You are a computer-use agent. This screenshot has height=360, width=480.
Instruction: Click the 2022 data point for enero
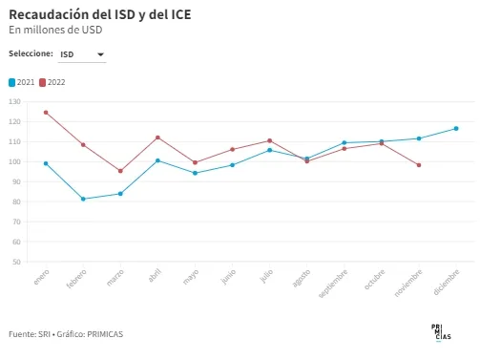46,113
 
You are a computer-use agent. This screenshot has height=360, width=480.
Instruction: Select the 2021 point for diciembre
456,129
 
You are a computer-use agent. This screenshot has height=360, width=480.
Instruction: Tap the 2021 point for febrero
83,199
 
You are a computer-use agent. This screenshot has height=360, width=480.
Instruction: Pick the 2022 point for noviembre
419,165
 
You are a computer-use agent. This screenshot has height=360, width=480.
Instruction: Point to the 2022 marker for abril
157,138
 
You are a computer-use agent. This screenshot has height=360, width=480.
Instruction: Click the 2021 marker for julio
270,150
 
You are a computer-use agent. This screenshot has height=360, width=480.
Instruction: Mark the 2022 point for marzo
120,171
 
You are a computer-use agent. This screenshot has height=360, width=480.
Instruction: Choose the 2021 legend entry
22,82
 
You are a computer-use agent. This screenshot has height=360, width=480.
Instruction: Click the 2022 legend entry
52,82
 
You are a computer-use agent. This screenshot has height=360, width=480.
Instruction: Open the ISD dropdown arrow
100,54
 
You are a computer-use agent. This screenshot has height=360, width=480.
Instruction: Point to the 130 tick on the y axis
14,101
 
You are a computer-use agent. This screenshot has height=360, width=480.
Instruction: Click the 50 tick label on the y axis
16,262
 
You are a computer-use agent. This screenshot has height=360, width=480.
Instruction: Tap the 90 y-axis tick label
16,181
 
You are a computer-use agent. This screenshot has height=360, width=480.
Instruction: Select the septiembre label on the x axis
333,284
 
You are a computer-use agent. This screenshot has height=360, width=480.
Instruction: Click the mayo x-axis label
191,277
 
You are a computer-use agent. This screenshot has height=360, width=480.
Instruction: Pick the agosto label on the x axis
302,278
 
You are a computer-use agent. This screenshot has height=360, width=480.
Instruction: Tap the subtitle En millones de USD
55,30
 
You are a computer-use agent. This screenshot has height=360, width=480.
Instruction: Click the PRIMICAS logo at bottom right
441,332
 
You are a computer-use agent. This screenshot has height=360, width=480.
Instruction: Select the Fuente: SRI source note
30,334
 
